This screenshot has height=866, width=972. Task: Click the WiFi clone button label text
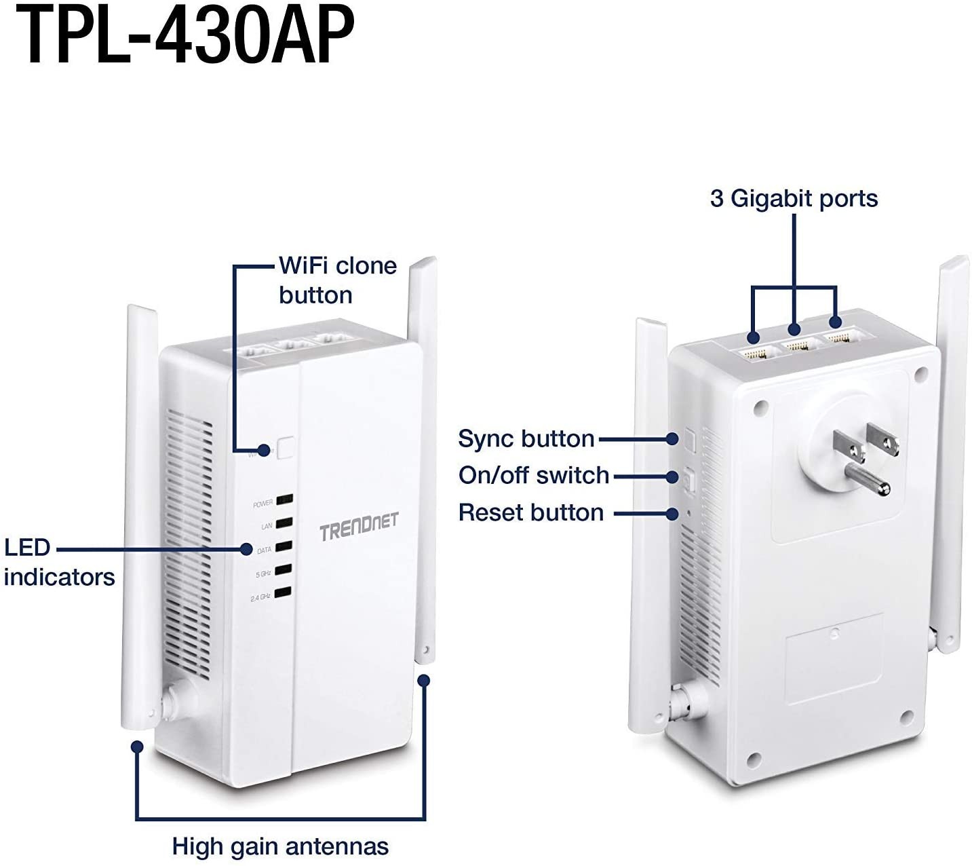[337, 280]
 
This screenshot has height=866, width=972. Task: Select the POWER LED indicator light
[284, 500]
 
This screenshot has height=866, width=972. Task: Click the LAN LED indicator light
[284, 523]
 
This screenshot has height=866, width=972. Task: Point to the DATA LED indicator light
[284, 546]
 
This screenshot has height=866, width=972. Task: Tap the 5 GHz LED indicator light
[284, 569]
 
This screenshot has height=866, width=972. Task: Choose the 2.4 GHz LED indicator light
[284, 592]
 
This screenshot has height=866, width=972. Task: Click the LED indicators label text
[59, 562]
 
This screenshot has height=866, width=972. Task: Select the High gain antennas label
[280, 846]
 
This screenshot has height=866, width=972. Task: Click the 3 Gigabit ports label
[794, 198]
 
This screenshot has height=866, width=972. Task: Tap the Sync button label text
[526, 438]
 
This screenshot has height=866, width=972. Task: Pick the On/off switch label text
[534, 475]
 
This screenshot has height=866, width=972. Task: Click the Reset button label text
[531, 512]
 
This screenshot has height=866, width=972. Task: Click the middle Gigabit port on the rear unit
[800, 345]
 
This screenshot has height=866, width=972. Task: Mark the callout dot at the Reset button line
[672, 514]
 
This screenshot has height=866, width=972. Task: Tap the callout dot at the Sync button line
[672, 439]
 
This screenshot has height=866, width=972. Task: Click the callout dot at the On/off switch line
[672, 476]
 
